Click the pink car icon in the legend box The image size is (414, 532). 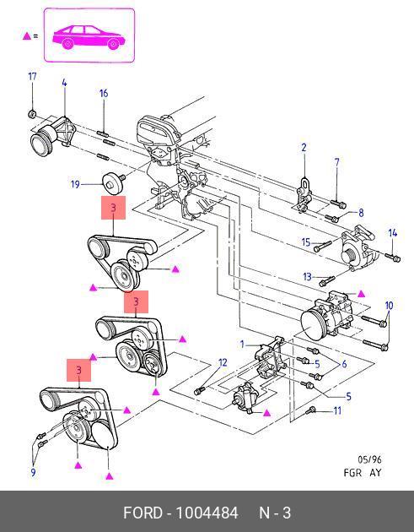[x=89, y=36]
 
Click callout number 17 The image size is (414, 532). [x=32, y=76]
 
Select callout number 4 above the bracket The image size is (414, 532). [x=64, y=83]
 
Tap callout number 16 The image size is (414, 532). [x=104, y=93]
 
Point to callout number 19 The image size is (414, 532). [x=75, y=185]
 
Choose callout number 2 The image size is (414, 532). [x=304, y=148]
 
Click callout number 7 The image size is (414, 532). [x=336, y=162]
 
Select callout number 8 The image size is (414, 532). [x=361, y=213]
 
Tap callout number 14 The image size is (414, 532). [x=393, y=233]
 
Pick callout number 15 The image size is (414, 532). [x=306, y=242]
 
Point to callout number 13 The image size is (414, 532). [x=307, y=277]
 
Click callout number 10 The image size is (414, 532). [x=389, y=306]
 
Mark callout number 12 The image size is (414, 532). [x=223, y=363]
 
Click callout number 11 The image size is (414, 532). [x=337, y=411]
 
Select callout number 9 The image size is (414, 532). [x=33, y=472]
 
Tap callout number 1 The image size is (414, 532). [x=242, y=345]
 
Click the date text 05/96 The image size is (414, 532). [x=369, y=459]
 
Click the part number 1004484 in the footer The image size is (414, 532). [x=207, y=513]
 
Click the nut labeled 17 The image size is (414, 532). [x=32, y=114]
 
